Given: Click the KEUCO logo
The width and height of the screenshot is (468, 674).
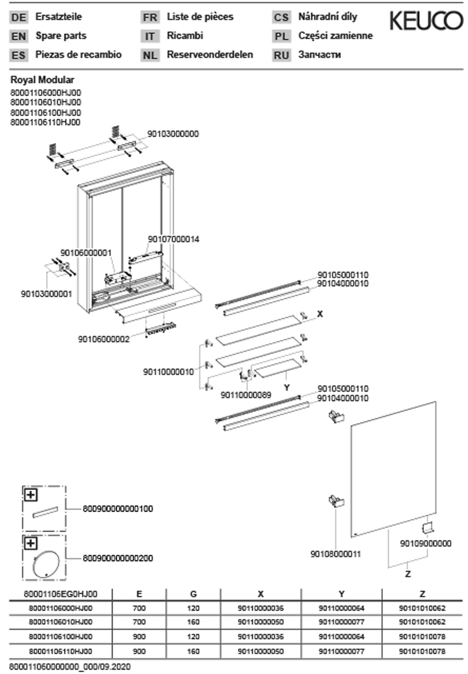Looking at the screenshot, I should pyautogui.click(x=426, y=20).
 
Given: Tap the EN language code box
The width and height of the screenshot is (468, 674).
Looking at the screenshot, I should pyautogui.click(x=19, y=36).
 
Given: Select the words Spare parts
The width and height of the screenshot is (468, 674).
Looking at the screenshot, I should pyautogui.click(x=61, y=36).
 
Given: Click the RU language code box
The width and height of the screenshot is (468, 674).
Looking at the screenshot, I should pyautogui.click(x=281, y=55).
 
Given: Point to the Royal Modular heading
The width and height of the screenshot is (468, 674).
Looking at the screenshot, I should pyautogui.click(x=42, y=80).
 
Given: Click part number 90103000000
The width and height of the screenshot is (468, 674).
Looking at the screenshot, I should pyautogui.click(x=173, y=134).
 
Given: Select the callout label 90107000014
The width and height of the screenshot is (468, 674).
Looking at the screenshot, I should pyautogui.click(x=173, y=239).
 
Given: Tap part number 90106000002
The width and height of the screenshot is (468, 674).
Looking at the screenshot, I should pyautogui.click(x=103, y=339).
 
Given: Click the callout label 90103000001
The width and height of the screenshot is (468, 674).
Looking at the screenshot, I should pyautogui.click(x=46, y=294).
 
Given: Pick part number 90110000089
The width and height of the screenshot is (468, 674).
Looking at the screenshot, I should pyautogui.click(x=246, y=395).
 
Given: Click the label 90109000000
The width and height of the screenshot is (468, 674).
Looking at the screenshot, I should pyautogui.click(x=425, y=543).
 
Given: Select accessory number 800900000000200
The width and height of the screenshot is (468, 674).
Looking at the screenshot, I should pyautogui.click(x=118, y=558).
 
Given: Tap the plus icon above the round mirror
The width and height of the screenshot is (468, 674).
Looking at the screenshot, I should pyautogui.click(x=31, y=544).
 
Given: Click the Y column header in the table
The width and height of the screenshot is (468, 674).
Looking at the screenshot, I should pyautogui.click(x=341, y=594).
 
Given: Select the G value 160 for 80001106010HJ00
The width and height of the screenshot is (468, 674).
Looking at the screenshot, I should pyautogui.click(x=193, y=622).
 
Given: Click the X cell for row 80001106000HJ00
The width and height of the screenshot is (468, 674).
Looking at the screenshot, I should pyautogui.click(x=260, y=608).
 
